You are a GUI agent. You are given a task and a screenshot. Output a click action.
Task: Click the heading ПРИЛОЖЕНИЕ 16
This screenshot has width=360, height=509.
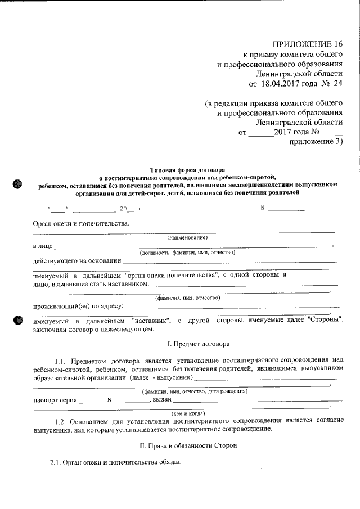307,44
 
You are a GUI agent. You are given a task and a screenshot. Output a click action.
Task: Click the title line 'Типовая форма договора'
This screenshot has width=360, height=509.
187,169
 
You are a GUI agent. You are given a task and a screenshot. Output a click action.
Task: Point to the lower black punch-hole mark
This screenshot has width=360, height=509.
17,321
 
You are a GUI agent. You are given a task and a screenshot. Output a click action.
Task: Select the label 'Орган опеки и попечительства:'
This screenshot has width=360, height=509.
81,223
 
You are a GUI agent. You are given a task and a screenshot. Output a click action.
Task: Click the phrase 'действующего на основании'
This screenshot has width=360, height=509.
76,260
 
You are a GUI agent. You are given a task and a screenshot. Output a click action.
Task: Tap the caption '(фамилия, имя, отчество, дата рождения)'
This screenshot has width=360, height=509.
195,391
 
